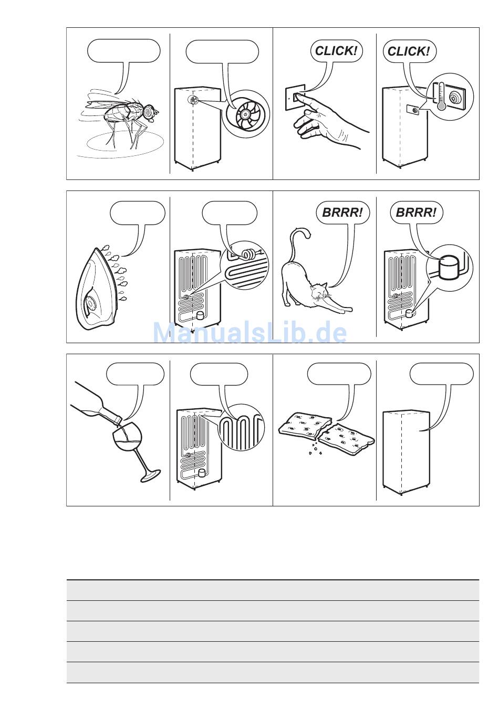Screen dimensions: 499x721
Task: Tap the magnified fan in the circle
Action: (x=245, y=114)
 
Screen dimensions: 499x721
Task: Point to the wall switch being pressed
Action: (x=295, y=98)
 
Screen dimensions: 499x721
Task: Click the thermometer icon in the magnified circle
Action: (x=441, y=96)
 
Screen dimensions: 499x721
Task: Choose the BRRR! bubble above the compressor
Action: (x=416, y=213)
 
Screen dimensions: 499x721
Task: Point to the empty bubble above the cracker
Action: (x=339, y=374)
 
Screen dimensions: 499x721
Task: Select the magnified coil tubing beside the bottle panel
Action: (x=241, y=428)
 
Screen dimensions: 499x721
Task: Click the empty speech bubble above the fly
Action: (x=124, y=50)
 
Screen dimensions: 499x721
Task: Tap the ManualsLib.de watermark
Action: (x=250, y=333)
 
